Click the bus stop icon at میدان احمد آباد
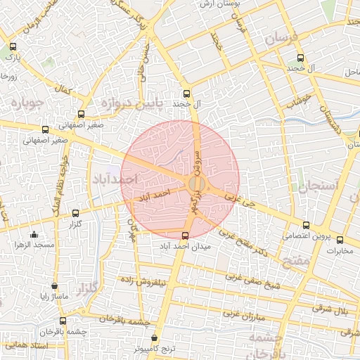185,236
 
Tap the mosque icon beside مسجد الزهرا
34,235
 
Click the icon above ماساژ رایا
54,286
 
